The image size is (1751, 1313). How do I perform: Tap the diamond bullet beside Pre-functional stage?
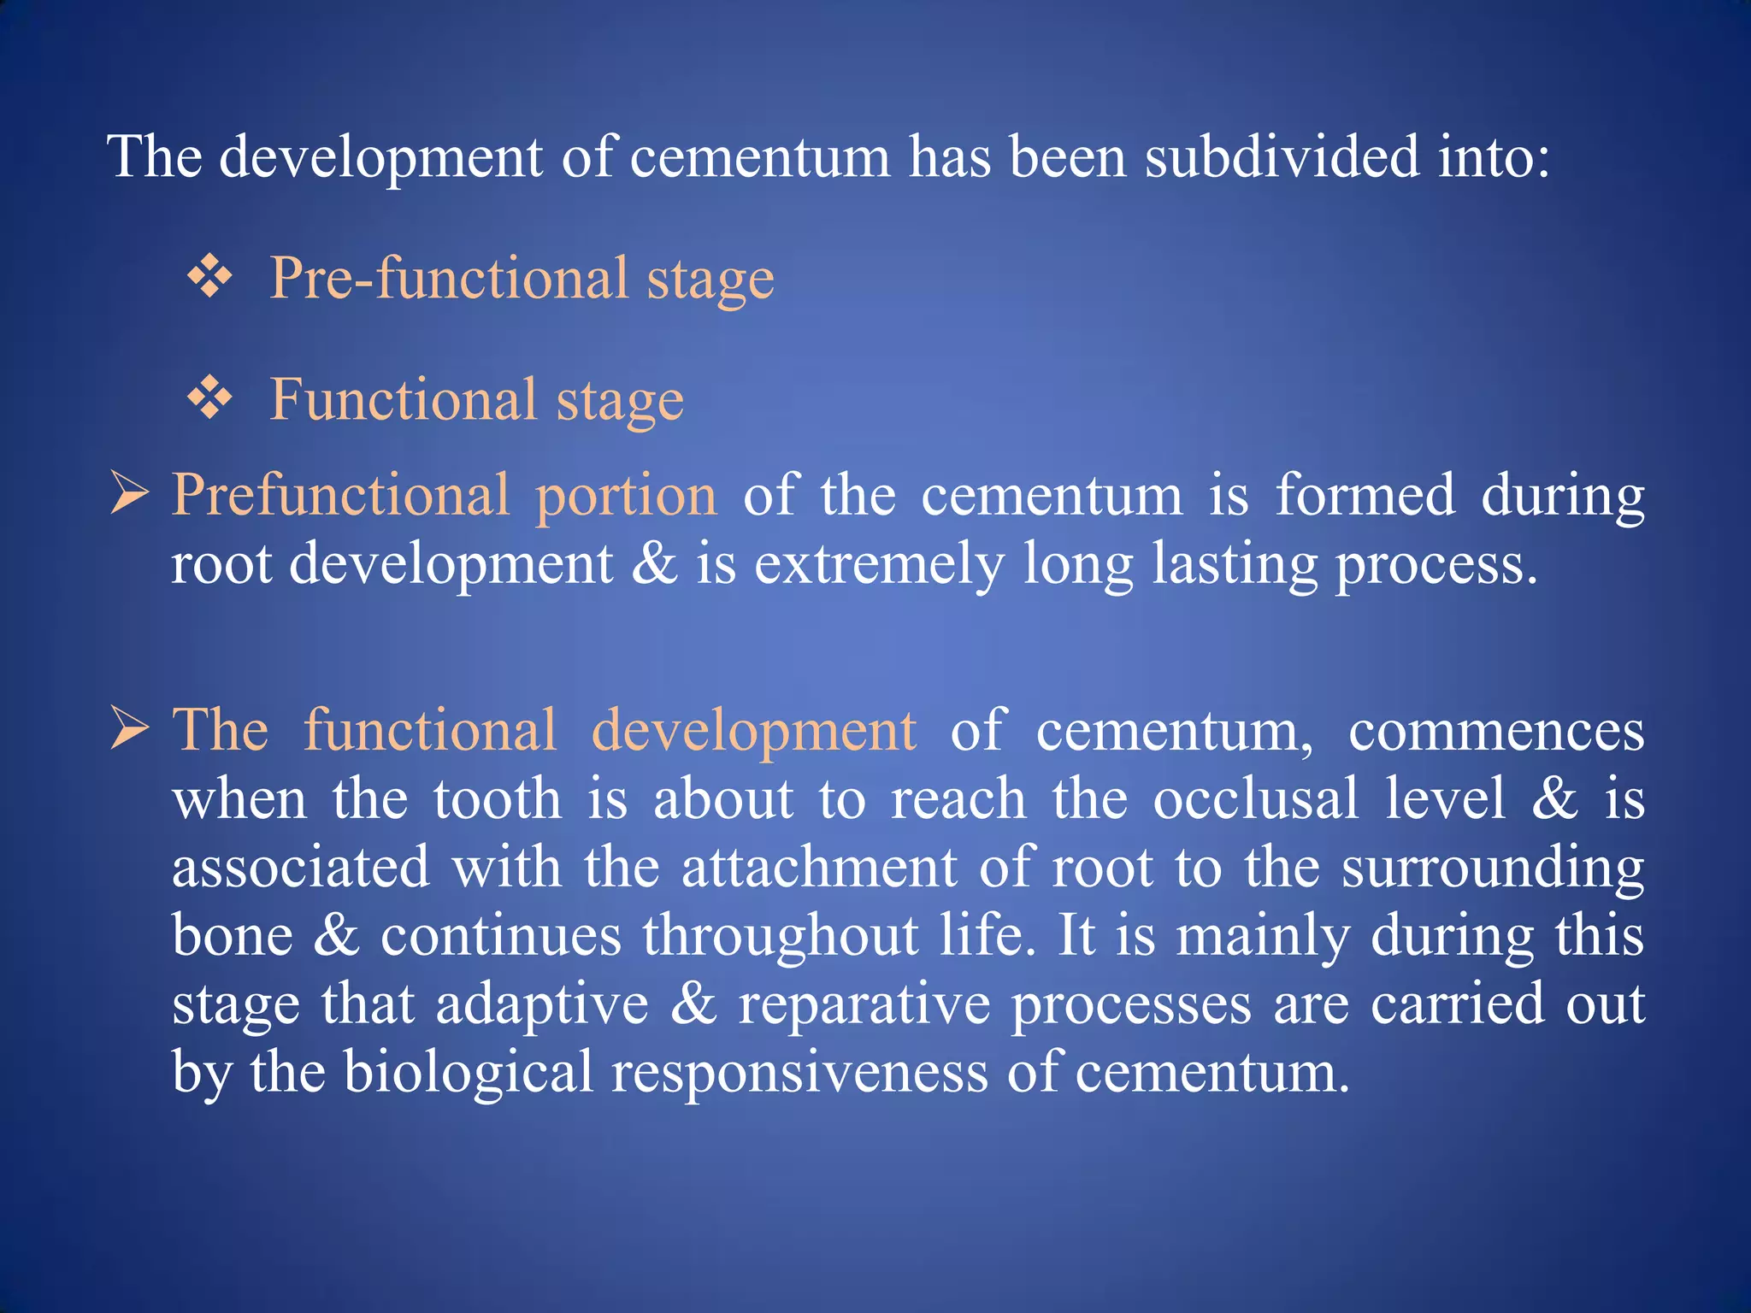[210, 278]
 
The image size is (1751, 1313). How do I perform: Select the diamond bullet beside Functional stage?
[210, 398]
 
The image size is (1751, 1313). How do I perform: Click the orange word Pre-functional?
[449, 280]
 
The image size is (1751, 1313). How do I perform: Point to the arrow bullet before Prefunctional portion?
[130, 495]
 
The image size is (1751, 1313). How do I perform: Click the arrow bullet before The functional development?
[130, 730]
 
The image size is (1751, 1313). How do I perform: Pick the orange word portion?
[626, 497]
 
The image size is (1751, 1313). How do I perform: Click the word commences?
[1495, 732]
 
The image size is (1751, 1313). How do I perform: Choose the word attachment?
[819, 868]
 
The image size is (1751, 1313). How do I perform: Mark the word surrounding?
[1492, 869]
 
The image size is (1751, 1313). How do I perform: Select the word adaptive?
[542, 1005]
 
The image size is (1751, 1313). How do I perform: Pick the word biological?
[468, 1073]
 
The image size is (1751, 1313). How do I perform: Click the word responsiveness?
[799, 1075]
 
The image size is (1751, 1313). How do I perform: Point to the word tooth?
[497, 799]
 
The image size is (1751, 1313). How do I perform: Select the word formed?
[1365, 495]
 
